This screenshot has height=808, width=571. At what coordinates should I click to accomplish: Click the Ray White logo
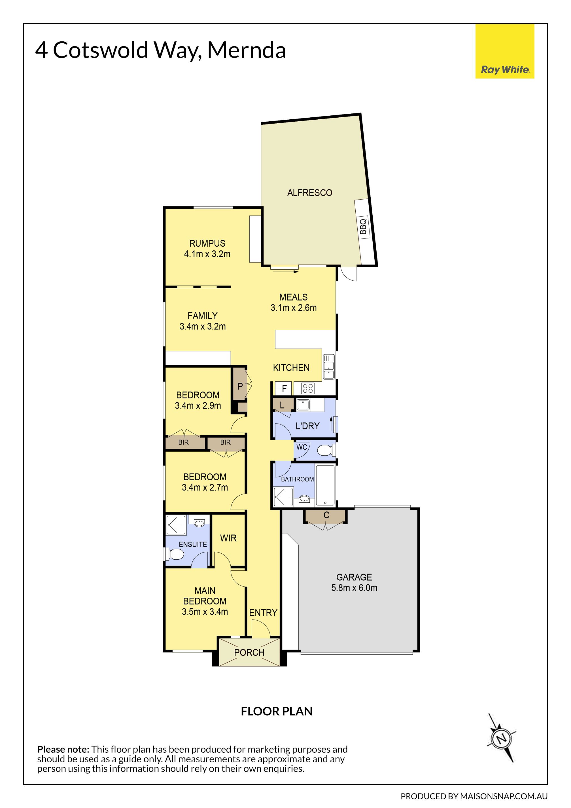[505, 51]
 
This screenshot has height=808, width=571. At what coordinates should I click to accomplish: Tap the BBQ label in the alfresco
[363, 227]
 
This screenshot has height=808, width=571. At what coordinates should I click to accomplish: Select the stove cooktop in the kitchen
[308, 388]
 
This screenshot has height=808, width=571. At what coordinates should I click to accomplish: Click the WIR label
[228, 538]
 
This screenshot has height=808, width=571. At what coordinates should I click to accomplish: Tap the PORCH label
[249, 652]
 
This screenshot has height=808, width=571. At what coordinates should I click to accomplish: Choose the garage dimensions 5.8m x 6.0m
[354, 588]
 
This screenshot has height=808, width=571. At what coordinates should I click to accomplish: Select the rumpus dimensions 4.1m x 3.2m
[207, 254]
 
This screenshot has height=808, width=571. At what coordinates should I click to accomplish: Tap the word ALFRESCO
[310, 193]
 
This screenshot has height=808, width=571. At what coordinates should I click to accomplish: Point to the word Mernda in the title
[247, 50]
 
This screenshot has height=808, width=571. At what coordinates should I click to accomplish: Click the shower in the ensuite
[176, 525]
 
